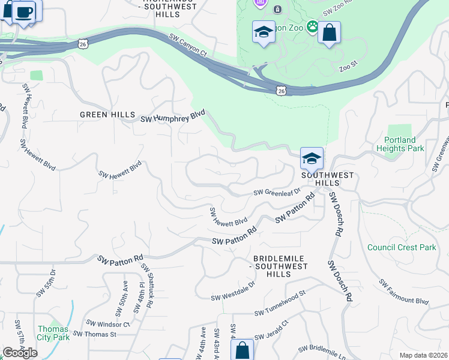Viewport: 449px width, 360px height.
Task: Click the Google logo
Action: [x=20, y=353]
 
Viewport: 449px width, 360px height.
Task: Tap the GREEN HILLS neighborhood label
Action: [x=103, y=115]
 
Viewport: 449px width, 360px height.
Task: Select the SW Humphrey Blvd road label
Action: [x=173, y=116]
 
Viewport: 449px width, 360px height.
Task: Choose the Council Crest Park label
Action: [x=402, y=247]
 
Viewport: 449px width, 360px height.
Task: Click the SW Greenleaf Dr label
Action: [x=276, y=192]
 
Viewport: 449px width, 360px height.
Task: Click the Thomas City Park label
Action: [x=53, y=333]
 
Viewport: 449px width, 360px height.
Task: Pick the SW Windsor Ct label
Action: [x=107, y=324]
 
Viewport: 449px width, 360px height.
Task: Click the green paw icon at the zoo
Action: [x=312, y=26]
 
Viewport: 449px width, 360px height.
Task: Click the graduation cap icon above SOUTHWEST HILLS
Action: [x=312, y=158]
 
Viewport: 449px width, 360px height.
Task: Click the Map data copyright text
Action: [x=423, y=355]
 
